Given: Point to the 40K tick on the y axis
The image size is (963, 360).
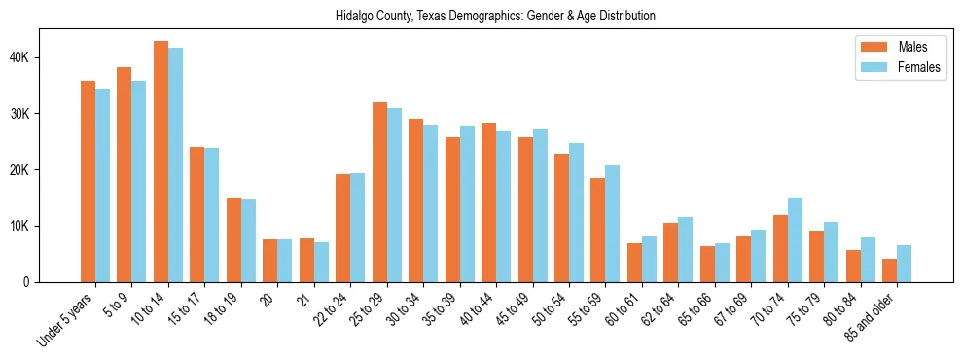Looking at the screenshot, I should [x=28, y=57].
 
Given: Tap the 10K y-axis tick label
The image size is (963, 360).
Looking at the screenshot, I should [x=28, y=226].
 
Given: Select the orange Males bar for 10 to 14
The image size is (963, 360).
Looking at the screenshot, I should [x=160, y=162].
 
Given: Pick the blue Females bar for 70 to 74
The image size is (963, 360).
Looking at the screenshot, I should [x=796, y=239].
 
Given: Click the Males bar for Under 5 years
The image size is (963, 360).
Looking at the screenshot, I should [x=88, y=181].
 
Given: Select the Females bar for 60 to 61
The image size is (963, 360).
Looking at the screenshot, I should [x=650, y=259].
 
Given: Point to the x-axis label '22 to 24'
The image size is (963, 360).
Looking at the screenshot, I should [x=329, y=313].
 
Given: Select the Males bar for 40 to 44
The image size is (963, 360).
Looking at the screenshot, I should [x=488, y=202].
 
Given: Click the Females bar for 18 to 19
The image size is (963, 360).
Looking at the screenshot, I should [x=248, y=240].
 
